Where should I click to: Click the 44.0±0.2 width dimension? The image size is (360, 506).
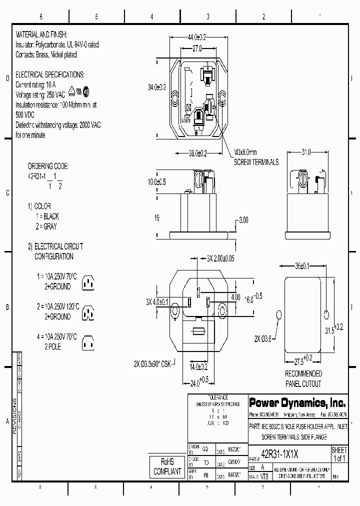point(196,37)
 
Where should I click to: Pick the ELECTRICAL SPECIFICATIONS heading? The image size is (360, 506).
point(50,74)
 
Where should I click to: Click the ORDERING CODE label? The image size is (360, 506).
point(48,166)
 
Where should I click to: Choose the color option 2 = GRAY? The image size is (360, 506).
point(46,226)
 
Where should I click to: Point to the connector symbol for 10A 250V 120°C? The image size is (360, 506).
point(88,312)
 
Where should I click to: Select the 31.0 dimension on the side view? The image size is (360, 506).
point(305,152)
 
